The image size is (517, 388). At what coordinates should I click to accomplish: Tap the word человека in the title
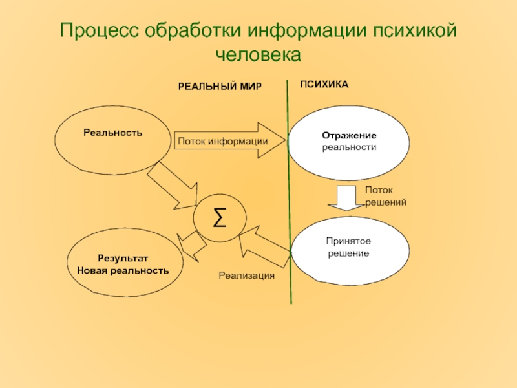pos(258,54)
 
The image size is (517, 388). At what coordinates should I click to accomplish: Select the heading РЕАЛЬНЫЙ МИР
pos(220,87)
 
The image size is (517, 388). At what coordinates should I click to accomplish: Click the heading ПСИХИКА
pos(324,85)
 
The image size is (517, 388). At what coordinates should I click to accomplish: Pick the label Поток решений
pos(385,196)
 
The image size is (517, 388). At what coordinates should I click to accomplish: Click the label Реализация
pos(246,275)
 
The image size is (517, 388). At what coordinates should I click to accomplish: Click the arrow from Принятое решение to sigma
pos(265,246)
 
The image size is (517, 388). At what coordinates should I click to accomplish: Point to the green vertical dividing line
pos(289,194)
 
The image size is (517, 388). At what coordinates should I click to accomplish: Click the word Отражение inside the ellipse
pos(349,136)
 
